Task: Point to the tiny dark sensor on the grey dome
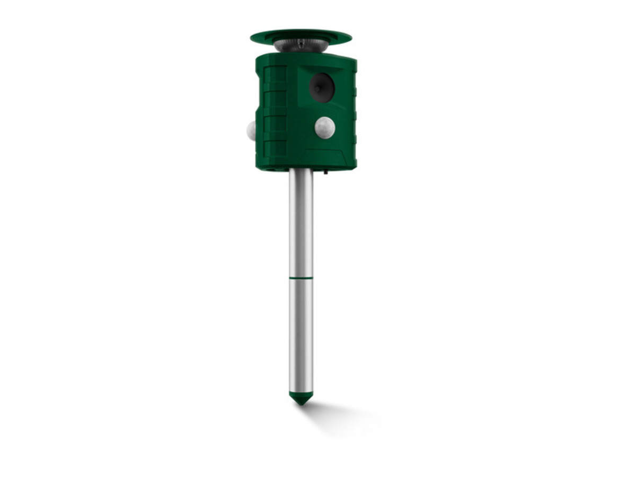[301, 42]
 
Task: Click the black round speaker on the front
[322, 87]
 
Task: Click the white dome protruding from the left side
[251, 130]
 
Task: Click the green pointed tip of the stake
[301, 399]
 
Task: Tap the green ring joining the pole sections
[301, 277]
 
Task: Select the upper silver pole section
[301, 223]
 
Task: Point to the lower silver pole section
[301, 334]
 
